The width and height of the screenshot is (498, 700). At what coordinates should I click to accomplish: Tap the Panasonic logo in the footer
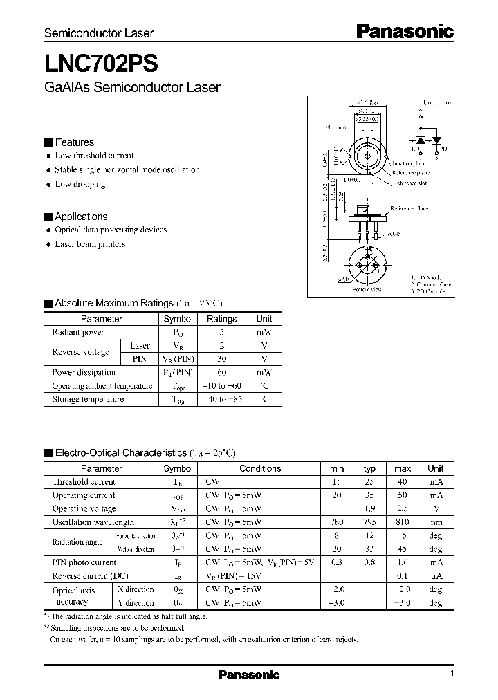point(249,675)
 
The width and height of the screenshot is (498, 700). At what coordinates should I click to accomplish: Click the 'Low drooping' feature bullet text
point(80,184)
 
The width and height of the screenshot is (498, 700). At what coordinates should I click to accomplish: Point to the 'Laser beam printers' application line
point(90,244)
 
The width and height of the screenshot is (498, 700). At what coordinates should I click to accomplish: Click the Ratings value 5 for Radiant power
point(221,332)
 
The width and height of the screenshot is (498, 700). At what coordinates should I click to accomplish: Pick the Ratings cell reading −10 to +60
point(221,386)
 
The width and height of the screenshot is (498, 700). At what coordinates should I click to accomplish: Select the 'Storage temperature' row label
point(88,399)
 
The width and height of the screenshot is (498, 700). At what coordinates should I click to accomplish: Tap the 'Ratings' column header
point(221,319)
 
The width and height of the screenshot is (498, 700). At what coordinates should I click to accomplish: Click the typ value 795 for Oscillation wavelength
point(370,522)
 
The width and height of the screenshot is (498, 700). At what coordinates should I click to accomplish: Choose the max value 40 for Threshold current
point(403,482)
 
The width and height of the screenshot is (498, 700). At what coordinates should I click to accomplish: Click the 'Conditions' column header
point(260,468)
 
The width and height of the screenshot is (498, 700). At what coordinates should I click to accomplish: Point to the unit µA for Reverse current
point(436,576)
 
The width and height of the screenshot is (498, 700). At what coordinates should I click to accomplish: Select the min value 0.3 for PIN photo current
point(337,563)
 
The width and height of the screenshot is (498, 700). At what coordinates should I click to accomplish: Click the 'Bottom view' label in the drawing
point(367,290)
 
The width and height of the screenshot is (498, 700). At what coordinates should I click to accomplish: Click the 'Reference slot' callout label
point(412,183)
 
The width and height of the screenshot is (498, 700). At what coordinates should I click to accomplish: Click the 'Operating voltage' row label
point(84,509)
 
